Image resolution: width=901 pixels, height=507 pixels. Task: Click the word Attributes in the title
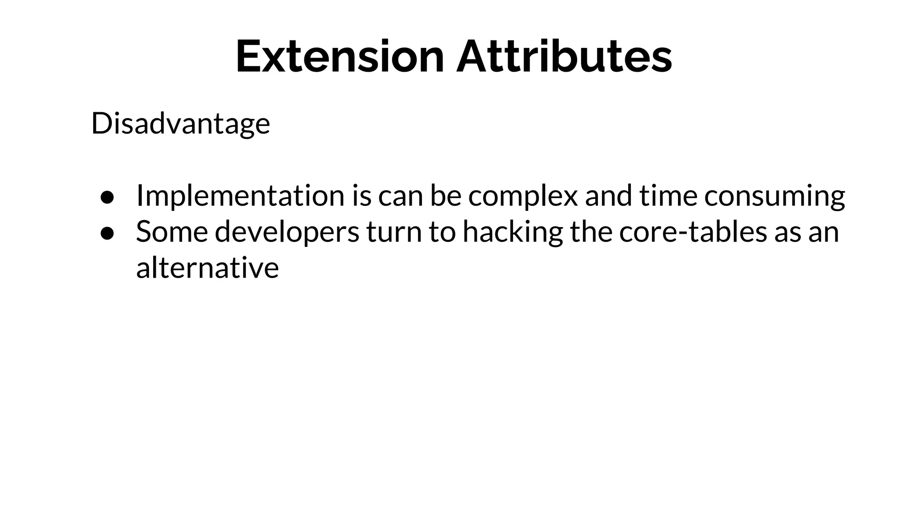pos(564,57)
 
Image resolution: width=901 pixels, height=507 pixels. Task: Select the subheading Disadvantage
pos(180,124)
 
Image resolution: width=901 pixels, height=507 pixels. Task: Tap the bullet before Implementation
pos(107,198)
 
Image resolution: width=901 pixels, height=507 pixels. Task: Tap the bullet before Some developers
pos(107,234)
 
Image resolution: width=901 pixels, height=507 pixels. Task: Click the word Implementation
pos(240,196)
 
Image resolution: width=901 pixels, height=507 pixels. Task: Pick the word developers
pos(287,232)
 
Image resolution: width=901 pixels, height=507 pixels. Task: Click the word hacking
pos(513,232)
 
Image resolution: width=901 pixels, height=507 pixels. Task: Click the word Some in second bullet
pos(172,232)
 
